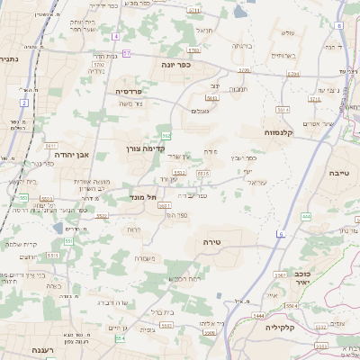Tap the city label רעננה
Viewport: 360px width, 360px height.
point(42,348)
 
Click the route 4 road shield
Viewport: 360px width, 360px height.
point(116,36)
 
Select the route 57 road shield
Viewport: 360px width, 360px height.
point(126,54)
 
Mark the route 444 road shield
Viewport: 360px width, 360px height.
point(306,216)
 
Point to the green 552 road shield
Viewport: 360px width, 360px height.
point(166,135)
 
